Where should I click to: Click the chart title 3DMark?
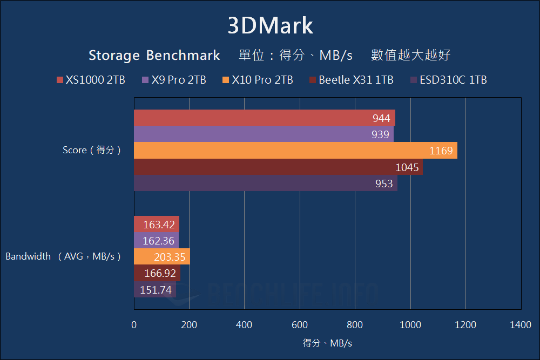tap(270, 26)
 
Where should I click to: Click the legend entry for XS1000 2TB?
tap(91, 80)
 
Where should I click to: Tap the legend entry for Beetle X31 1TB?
tap(351, 80)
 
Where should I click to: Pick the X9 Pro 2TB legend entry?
tap(174, 80)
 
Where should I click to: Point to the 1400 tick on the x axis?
tap(521, 325)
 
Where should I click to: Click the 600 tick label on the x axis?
tap(300, 325)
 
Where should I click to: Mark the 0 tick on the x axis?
tap(134, 325)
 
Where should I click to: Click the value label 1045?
tap(407, 167)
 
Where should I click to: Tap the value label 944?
tap(381, 118)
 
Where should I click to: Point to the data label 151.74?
tap(157, 290)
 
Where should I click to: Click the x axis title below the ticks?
tap(327, 343)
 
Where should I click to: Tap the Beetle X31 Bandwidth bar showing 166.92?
tap(157, 274)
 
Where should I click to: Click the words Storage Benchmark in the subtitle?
tap(154, 55)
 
